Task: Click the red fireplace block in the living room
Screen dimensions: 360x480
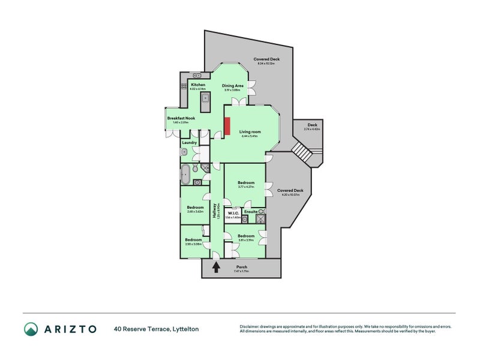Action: [227, 126]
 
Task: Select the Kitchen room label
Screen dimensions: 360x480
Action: [198, 85]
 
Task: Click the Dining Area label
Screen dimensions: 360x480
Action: [233, 86]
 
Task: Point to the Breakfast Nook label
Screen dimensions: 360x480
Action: [181, 119]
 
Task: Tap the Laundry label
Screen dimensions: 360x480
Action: [190, 143]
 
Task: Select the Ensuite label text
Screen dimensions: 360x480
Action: [252, 211]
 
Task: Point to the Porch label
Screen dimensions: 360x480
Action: [241, 267]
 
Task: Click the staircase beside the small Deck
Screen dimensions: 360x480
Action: [304, 152]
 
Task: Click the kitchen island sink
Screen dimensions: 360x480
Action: [205, 97]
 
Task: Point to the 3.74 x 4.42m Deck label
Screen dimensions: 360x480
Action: [312, 129]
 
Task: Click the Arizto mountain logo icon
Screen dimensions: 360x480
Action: [31, 329]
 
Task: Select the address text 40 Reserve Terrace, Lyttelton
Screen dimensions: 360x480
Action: [157, 329]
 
